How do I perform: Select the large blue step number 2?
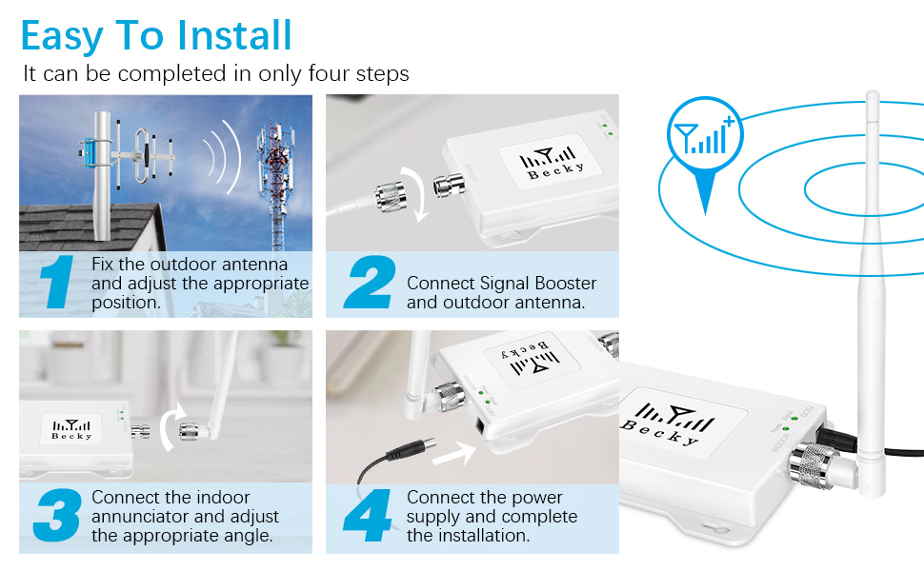click(370, 283)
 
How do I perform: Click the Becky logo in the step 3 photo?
click(72, 429)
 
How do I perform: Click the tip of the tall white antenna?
click(872, 95)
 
